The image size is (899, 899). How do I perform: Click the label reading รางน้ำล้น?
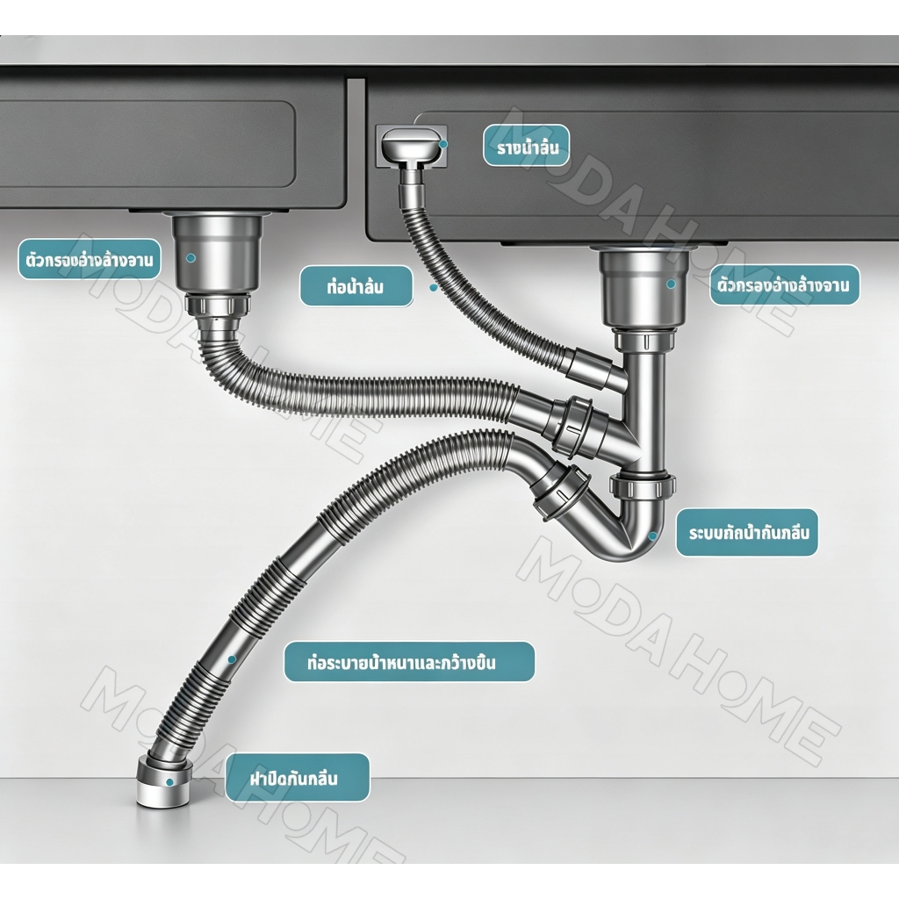[x=527, y=146]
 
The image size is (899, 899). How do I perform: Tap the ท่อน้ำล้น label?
[x=356, y=286]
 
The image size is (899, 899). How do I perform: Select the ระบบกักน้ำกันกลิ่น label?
[x=746, y=533]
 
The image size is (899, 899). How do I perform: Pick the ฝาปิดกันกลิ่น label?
[x=297, y=778]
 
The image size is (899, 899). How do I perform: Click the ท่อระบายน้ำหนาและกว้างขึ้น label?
[x=409, y=662]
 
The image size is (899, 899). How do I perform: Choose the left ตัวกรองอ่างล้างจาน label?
[x=90, y=259]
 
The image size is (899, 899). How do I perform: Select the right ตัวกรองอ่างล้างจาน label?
[x=784, y=284]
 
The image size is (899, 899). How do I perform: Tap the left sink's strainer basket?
[x=218, y=253]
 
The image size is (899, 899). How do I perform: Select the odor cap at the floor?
[x=164, y=782]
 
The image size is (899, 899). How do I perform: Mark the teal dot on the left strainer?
[x=191, y=258]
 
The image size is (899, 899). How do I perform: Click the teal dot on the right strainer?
[x=671, y=284]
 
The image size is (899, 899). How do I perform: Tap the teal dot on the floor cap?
[x=169, y=782]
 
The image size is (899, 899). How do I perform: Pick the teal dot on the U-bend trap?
[x=652, y=536]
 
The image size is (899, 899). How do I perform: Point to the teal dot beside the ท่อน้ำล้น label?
[x=434, y=287]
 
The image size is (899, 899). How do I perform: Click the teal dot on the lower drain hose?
[x=232, y=659]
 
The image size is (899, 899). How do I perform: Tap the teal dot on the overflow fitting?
[x=443, y=144]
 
